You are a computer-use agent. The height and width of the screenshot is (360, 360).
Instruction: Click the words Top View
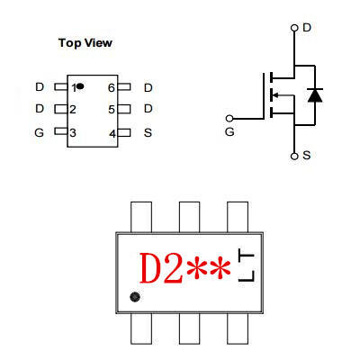tap(85, 43)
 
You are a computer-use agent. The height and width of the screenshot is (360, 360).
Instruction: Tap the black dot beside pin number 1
tap(80, 86)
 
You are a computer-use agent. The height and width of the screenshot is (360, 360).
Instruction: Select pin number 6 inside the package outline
tap(112, 88)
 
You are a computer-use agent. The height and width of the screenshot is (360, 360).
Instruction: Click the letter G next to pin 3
tap(40, 132)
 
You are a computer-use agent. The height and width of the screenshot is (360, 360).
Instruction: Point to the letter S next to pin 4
tap(148, 132)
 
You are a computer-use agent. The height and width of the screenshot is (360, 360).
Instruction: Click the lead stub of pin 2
tap(61, 109)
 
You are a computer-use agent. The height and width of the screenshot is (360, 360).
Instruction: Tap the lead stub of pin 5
tap(124, 109)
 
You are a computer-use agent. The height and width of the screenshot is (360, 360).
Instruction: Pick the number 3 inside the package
tap(73, 132)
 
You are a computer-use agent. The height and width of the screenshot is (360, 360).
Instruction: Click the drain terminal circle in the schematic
tap(294, 28)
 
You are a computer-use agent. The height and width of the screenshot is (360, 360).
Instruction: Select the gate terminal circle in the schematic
tap(229, 119)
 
